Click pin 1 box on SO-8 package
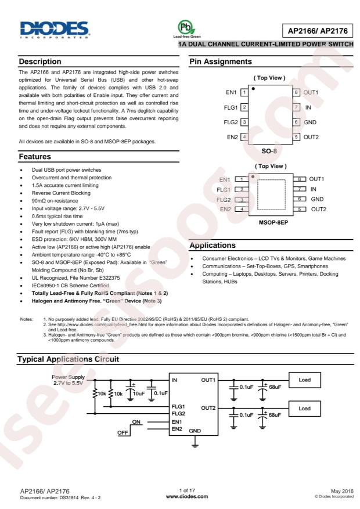coord(244,92)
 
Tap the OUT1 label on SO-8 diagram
coord(312,92)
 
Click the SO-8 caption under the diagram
coord(270,149)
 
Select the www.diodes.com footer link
coord(186,497)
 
